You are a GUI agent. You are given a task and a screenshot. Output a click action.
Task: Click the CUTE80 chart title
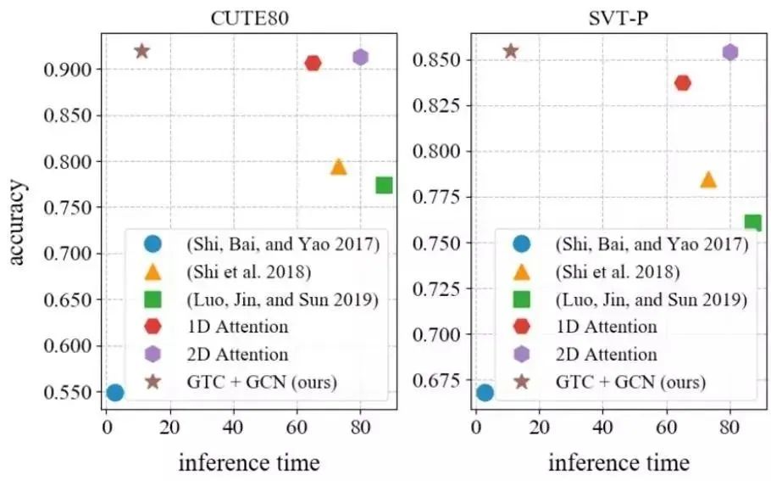(x=247, y=19)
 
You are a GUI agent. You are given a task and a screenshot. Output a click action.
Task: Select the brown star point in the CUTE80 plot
(x=141, y=51)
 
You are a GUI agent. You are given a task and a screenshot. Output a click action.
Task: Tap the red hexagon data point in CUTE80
(x=313, y=63)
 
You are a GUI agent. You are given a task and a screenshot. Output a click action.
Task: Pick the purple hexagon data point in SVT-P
(x=729, y=53)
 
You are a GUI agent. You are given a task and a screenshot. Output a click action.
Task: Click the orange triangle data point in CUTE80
(x=338, y=166)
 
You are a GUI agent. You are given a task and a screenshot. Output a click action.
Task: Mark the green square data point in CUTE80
(x=384, y=185)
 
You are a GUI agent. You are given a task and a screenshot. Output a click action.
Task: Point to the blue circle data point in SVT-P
(x=485, y=392)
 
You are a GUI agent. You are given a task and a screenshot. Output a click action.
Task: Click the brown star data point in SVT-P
(x=510, y=51)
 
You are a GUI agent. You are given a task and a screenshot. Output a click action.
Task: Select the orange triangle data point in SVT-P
(x=707, y=179)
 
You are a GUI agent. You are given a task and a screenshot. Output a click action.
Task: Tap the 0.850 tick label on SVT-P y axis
(x=435, y=60)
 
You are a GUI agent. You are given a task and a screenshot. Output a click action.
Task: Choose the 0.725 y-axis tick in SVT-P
(x=435, y=288)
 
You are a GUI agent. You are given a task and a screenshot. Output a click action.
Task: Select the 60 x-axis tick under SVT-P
(x=666, y=427)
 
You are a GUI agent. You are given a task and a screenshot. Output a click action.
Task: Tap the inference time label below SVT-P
(x=618, y=462)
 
